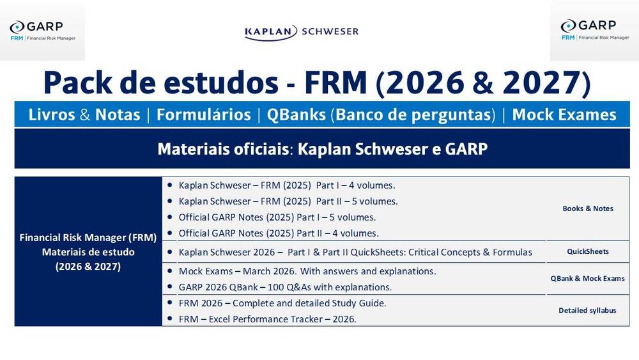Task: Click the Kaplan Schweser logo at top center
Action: pos(301,31)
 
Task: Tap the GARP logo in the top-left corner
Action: pos(42,31)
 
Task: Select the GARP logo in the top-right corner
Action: pos(594,30)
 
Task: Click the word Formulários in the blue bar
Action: pos(203,115)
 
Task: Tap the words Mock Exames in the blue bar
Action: pos(564,115)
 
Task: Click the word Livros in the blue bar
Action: pos(52,115)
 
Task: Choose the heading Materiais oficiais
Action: pos(224,149)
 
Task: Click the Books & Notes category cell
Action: pos(587,208)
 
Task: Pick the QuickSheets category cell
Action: pos(587,251)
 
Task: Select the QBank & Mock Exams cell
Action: pos(587,278)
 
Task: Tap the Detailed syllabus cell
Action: pos(587,310)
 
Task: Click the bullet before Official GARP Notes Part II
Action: pos(170,233)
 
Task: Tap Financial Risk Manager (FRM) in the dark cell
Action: pos(88,238)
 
